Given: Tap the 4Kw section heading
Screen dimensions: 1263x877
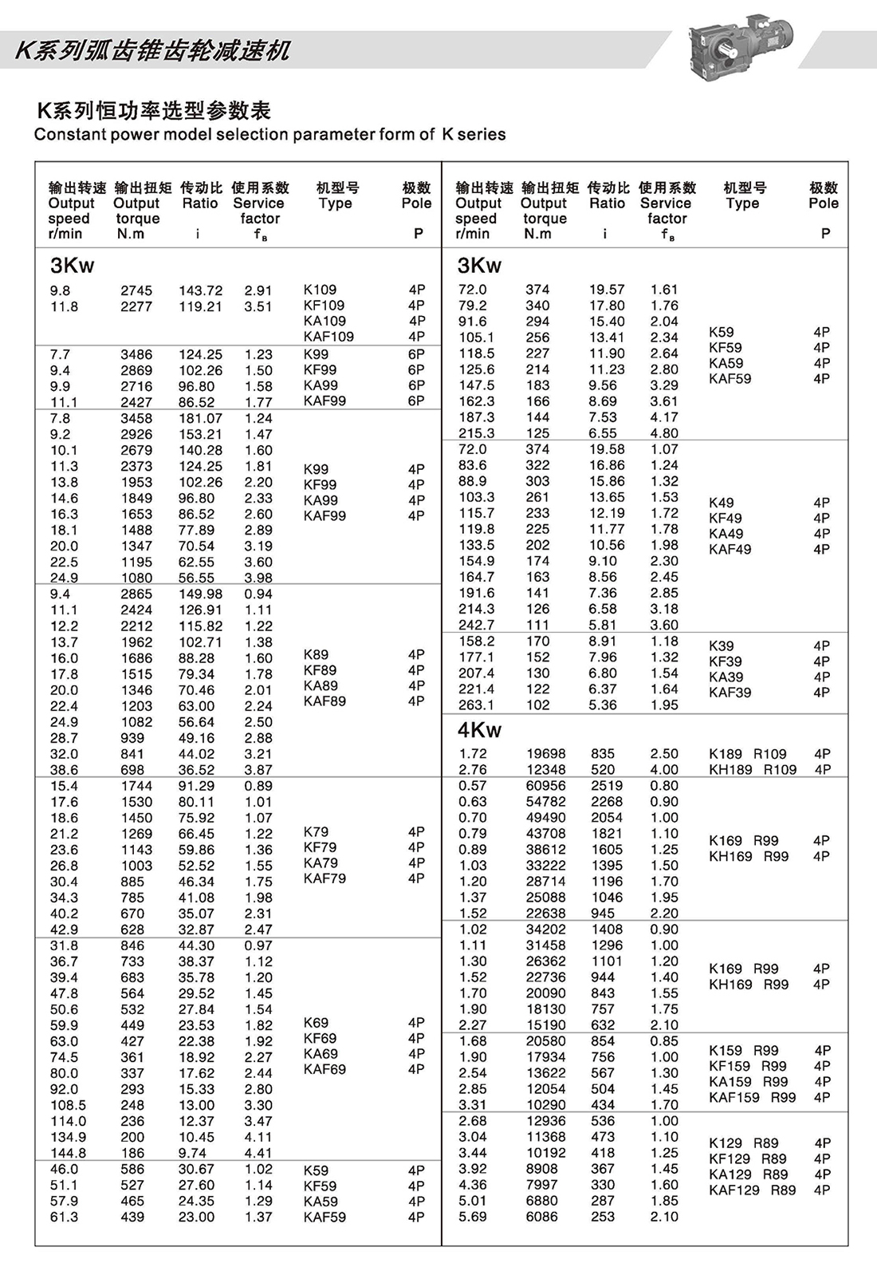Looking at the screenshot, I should (479, 730).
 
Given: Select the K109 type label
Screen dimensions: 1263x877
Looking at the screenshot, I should (320, 290).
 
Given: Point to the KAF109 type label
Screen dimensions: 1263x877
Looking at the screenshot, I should (328, 337).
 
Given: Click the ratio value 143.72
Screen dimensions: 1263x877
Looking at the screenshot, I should (200, 290).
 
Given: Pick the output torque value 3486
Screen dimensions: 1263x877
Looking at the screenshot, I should (136, 354).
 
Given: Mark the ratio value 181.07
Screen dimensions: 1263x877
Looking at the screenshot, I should (200, 418).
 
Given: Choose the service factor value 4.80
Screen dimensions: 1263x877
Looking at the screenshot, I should (664, 433).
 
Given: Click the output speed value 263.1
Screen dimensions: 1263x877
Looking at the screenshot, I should (476, 705).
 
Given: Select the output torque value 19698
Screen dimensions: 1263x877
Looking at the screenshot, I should (545, 753).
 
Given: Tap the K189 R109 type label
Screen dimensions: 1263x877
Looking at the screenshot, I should (747, 753).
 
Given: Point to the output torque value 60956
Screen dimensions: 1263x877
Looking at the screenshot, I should (545, 785).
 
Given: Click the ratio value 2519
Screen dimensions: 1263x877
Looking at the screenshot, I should (606, 785).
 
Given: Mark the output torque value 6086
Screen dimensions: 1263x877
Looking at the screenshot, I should (541, 1216).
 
